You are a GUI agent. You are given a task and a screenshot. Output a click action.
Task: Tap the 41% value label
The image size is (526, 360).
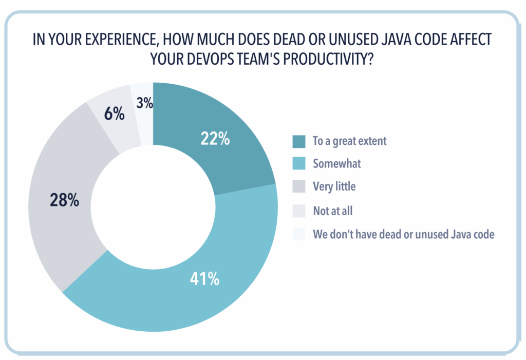(205, 279)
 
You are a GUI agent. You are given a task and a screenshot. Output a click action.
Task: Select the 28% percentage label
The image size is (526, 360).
(64, 199)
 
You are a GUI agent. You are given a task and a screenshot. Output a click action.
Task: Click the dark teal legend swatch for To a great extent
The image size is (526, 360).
(299, 141)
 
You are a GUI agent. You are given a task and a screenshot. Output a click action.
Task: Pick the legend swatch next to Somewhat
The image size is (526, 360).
(299, 164)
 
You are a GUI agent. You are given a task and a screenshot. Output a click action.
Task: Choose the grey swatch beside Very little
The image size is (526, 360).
(299, 187)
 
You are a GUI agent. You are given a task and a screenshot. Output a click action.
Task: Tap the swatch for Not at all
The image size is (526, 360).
(299, 211)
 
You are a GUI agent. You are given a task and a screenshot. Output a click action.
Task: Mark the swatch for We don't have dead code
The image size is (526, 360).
(299, 234)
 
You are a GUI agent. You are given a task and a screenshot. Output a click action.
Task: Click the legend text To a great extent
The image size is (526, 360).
(349, 141)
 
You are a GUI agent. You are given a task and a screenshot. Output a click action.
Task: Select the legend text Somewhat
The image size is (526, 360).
(337, 164)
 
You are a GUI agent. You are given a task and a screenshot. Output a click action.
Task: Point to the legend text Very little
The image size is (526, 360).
(334, 187)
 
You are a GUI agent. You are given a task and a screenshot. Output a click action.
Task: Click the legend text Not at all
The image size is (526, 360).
(333, 211)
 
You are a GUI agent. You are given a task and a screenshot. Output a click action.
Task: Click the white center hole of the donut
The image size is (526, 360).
(153, 205)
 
